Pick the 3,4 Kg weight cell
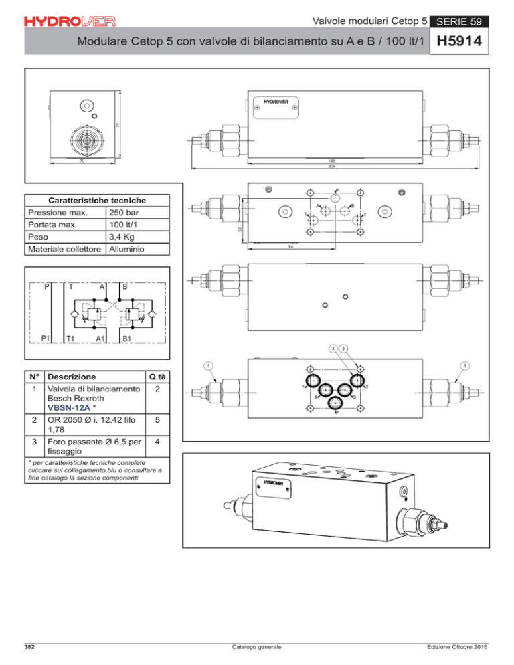pyautogui.click(x=121, y=237)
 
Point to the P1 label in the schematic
pyautogui.click(x=48, y=338)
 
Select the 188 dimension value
pyautogui.click(x=331, y=161)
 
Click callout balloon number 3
pyautogui.click(x=343, y=348)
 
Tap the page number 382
pyautogui.click(x=31, y=647)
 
